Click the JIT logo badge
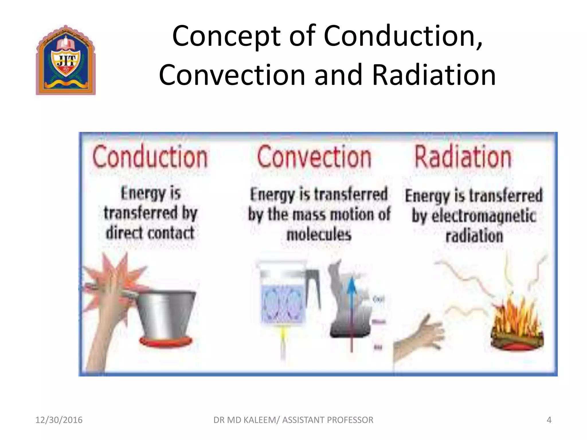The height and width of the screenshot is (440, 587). pyautogui.click(x=66, y=60)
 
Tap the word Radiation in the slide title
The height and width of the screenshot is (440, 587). pyautogui.click(x=434, y=75)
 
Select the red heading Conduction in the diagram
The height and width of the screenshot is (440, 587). pyautogui.click(x=150, y=157)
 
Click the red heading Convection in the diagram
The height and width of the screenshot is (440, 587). pyautogui.click(x=314, y=157)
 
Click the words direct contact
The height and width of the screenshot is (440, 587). pyautogui.click(x=150, y=233)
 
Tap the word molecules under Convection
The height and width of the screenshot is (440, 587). pyautogui.click(x=319, y=235)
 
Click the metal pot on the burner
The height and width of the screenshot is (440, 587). pyautogui.click(x=166, y=312)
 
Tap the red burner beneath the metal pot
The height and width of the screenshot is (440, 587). pyautogui.click(x=165, y=341)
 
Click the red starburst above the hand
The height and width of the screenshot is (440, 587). pyautogui.click(x=115, y=275)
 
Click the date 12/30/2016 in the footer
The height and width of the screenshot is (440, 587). pyautogui.click(x=59, y=420)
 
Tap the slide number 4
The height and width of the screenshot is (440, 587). pyautogui.click(x=549, y=420)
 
